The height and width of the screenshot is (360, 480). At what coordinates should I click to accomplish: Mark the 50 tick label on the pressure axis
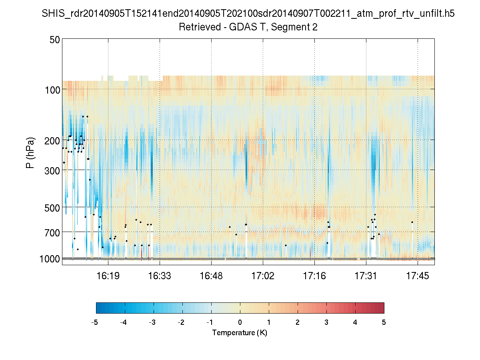click(x=55, y=40)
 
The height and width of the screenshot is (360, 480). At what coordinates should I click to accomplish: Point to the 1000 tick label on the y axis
click(x=50, y=259)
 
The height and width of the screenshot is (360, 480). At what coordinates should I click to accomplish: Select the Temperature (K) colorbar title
click(x=240, y=332)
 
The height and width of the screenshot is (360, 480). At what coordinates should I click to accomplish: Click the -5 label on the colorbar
click(x=95, y=322)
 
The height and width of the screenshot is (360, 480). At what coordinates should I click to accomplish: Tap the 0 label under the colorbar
click(x=240, y=322)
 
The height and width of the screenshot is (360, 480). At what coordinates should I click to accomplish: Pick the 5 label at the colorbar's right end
click(x=384, y=322)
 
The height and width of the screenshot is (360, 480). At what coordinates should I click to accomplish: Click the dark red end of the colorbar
click(x=380, y=308)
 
